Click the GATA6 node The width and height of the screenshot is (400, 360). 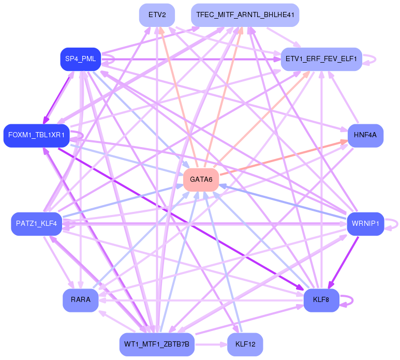(201, 180)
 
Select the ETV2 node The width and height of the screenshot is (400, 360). (157, 15)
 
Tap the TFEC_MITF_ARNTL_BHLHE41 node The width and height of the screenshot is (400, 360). (245, 15)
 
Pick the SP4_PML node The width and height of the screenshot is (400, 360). (80, 59)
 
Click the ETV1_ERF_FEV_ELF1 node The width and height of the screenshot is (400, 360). (321, 59)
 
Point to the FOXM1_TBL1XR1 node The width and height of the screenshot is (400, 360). (36, 135)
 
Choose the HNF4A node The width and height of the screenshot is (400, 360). (365, 135)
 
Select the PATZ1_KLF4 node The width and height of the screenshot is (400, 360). (36, 224)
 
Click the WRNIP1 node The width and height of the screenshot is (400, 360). (365, 224)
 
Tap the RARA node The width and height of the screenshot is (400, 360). (80, 300)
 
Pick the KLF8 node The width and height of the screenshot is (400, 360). (321, 300)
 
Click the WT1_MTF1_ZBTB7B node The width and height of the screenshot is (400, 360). (157, 344)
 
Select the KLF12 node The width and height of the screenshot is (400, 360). (245, 344)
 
